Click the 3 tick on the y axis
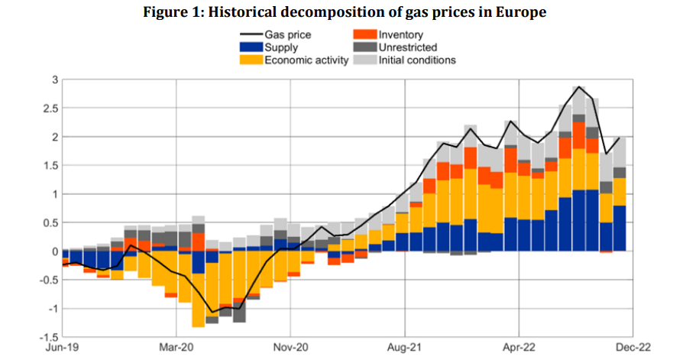pos(54,79)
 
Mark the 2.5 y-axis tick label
pos(50,109)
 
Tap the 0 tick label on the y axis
pos(54,251)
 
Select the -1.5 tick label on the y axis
pos(47,337)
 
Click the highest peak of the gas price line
pos(579,87)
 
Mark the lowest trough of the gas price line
pos(212,312)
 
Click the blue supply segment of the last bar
pos(620,228)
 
